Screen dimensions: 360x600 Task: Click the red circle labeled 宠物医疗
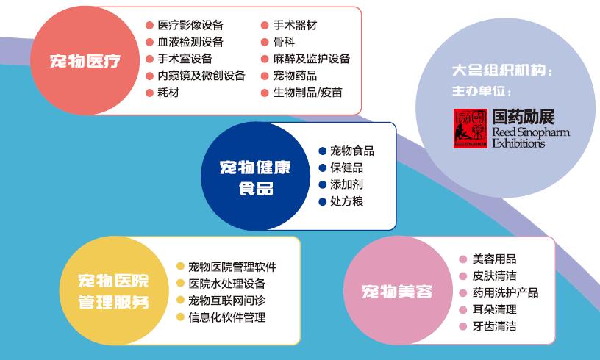point(85,60)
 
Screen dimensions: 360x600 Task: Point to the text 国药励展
point(524,116)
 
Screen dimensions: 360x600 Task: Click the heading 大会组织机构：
point(502,72)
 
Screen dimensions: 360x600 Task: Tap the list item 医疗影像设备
point(190,26)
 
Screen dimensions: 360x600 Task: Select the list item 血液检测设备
point(190,42)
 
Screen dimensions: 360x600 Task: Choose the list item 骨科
point(284,42)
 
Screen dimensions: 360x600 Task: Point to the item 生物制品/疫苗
point(307,93)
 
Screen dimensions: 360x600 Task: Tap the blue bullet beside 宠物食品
point(322,151)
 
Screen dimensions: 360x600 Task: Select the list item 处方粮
point(346,201)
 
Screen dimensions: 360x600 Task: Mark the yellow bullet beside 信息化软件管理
point(180,317)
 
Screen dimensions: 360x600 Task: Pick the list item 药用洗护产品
point(505,292)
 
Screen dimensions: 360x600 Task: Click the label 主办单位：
point(481,92)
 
